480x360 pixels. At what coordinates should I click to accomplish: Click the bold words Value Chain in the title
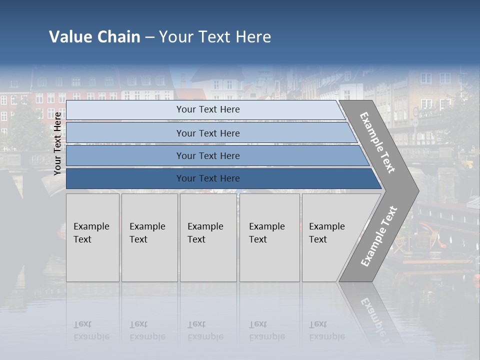[94, 37]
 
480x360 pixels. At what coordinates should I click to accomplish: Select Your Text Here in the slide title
[215, 37]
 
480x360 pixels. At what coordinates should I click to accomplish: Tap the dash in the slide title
[149, 37]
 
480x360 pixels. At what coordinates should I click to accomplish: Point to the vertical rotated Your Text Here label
[57, 143]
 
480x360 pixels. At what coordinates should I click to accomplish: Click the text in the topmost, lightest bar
[208, 109]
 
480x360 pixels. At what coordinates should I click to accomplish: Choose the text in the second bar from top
[208, 133]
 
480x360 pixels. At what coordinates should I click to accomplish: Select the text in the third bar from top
[208, 156]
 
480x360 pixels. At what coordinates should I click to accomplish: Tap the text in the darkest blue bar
[208, 178]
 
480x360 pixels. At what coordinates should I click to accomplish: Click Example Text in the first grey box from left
[91, 233]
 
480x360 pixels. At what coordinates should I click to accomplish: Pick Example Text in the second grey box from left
[147, 233]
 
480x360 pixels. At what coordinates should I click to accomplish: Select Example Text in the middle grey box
[205, 233]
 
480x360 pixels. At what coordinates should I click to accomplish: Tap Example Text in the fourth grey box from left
[266, 233]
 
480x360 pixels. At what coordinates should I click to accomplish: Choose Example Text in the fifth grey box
[326, 233]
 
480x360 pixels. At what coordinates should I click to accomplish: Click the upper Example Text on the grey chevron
[377, 142]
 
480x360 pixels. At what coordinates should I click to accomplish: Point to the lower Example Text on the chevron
[378, 236]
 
